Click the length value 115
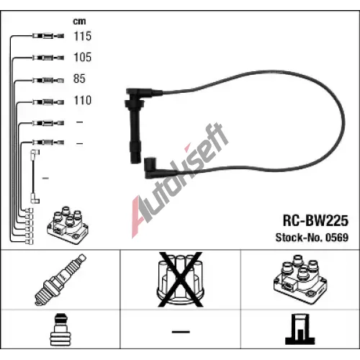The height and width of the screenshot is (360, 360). point(83,36)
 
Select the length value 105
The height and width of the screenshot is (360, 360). point(83,58)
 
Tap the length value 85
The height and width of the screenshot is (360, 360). point(79,78)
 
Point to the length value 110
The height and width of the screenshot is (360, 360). point(83,100)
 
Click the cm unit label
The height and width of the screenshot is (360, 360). point(79,22)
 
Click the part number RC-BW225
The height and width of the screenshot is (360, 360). point(315,220)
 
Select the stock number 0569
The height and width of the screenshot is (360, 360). point(337,238)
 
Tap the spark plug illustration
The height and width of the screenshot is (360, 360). point(60,279)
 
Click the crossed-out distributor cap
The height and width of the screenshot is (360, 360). point(181,279)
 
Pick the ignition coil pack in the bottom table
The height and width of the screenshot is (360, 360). point(300,279)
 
